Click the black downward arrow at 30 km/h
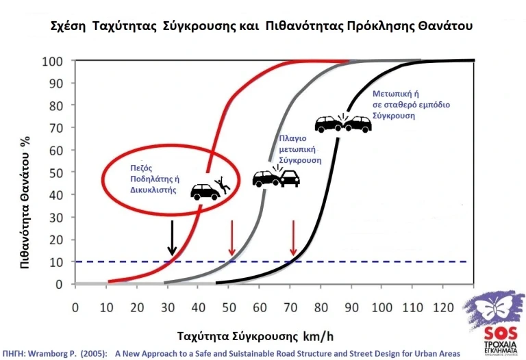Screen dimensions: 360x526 pyautogui.click(x=172, y=240)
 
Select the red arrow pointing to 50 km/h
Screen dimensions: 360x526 pyautogui.click(x=232, y=240)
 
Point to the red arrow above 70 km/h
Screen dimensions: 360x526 pyautogui.click(x=293, y=240)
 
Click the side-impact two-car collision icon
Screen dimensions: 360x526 pyautogui.click(x=276, y=177)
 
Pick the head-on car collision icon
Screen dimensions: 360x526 pyautogui.click(x=342, y=123)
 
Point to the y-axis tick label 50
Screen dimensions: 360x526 pyautogui.click(x=58, y=172)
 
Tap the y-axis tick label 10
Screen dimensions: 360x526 pyautogui.click(x=58, y=261)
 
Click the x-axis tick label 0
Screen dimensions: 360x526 pyautogui.click(x=75, y=307)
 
